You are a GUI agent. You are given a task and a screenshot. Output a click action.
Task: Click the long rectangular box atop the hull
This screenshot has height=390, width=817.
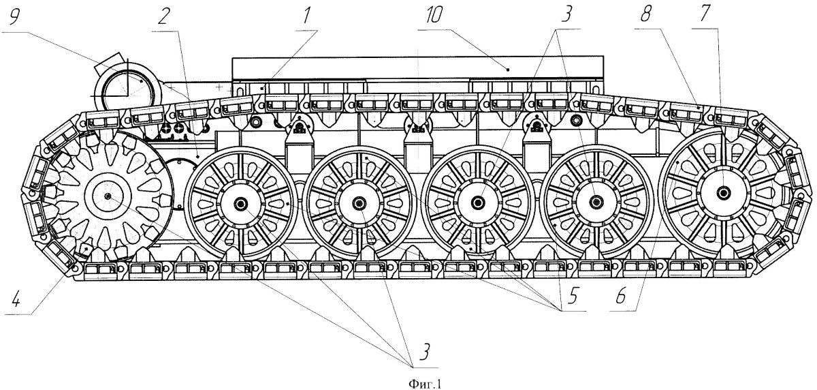pos(418,70)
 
